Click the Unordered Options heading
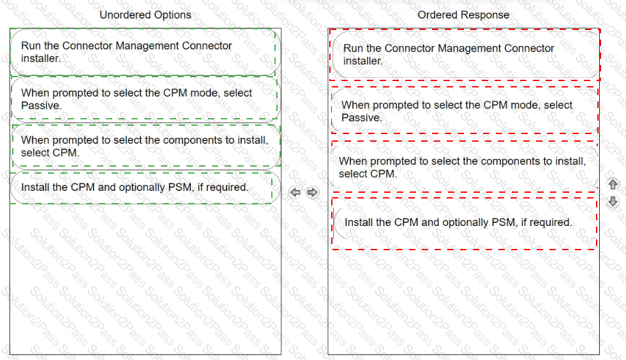(145, 15)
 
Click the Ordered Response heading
(463, 15)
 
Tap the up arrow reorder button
(613, 184)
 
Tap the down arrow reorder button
(613, 202)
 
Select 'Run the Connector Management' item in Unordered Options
(145, 52)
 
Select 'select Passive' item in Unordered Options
(145, 99)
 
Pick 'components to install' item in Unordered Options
(145, 146)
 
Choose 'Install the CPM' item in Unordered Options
(145, 188)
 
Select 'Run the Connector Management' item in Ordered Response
(466, 54)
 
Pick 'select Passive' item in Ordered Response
(465, 111)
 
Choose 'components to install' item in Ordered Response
(464, 167)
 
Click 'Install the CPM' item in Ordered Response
(465, 223)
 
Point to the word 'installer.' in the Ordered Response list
(363, 61)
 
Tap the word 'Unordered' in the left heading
(125, 15)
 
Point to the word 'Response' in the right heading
(487, 15)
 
